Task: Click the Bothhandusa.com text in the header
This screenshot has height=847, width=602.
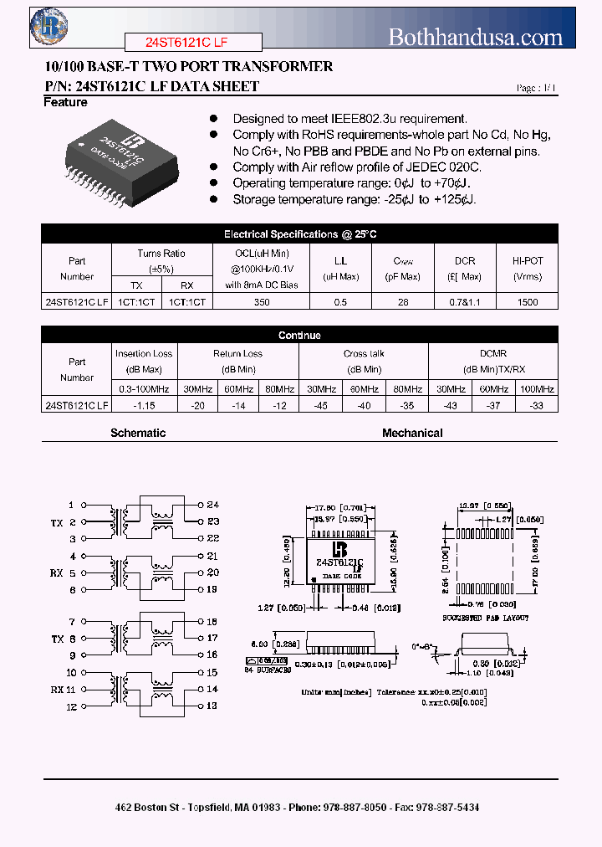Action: click(475, 37)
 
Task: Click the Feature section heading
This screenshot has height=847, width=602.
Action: click(65, 102)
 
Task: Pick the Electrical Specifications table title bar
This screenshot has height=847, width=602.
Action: click(299, 234)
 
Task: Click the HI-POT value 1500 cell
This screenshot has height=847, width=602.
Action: click(528, 302)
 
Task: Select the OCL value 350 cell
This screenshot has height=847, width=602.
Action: click(262, 302)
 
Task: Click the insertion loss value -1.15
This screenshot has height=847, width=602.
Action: click(144, 405)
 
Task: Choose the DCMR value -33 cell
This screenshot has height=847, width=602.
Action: click(536, 405)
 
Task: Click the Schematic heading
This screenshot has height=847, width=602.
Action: click(138, 433)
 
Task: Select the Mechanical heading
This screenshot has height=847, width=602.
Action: click(412, 433)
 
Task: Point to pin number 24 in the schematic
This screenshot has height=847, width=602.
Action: click(212, 505)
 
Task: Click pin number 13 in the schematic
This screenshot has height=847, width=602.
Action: click(212, 706)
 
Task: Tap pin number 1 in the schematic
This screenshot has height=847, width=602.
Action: click(72, 505)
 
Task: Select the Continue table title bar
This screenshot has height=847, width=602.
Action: click(299, 335)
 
